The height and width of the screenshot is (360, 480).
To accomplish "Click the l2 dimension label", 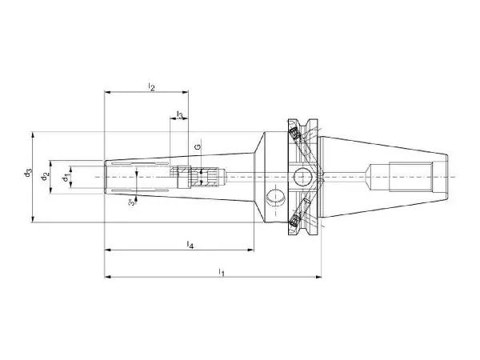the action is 151,86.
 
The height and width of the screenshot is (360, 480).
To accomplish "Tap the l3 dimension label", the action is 180,114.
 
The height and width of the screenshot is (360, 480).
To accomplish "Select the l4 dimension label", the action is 190,244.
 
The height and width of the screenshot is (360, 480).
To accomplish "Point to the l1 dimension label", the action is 222,271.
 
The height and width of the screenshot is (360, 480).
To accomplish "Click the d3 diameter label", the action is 28,173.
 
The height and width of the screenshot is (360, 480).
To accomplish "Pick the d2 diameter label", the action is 45,177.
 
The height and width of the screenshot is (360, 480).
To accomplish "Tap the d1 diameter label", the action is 66,178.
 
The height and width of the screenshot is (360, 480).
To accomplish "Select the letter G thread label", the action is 198,146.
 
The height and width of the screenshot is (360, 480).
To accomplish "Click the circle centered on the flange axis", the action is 302,177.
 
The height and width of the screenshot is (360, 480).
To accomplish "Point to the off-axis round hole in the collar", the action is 276,198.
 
